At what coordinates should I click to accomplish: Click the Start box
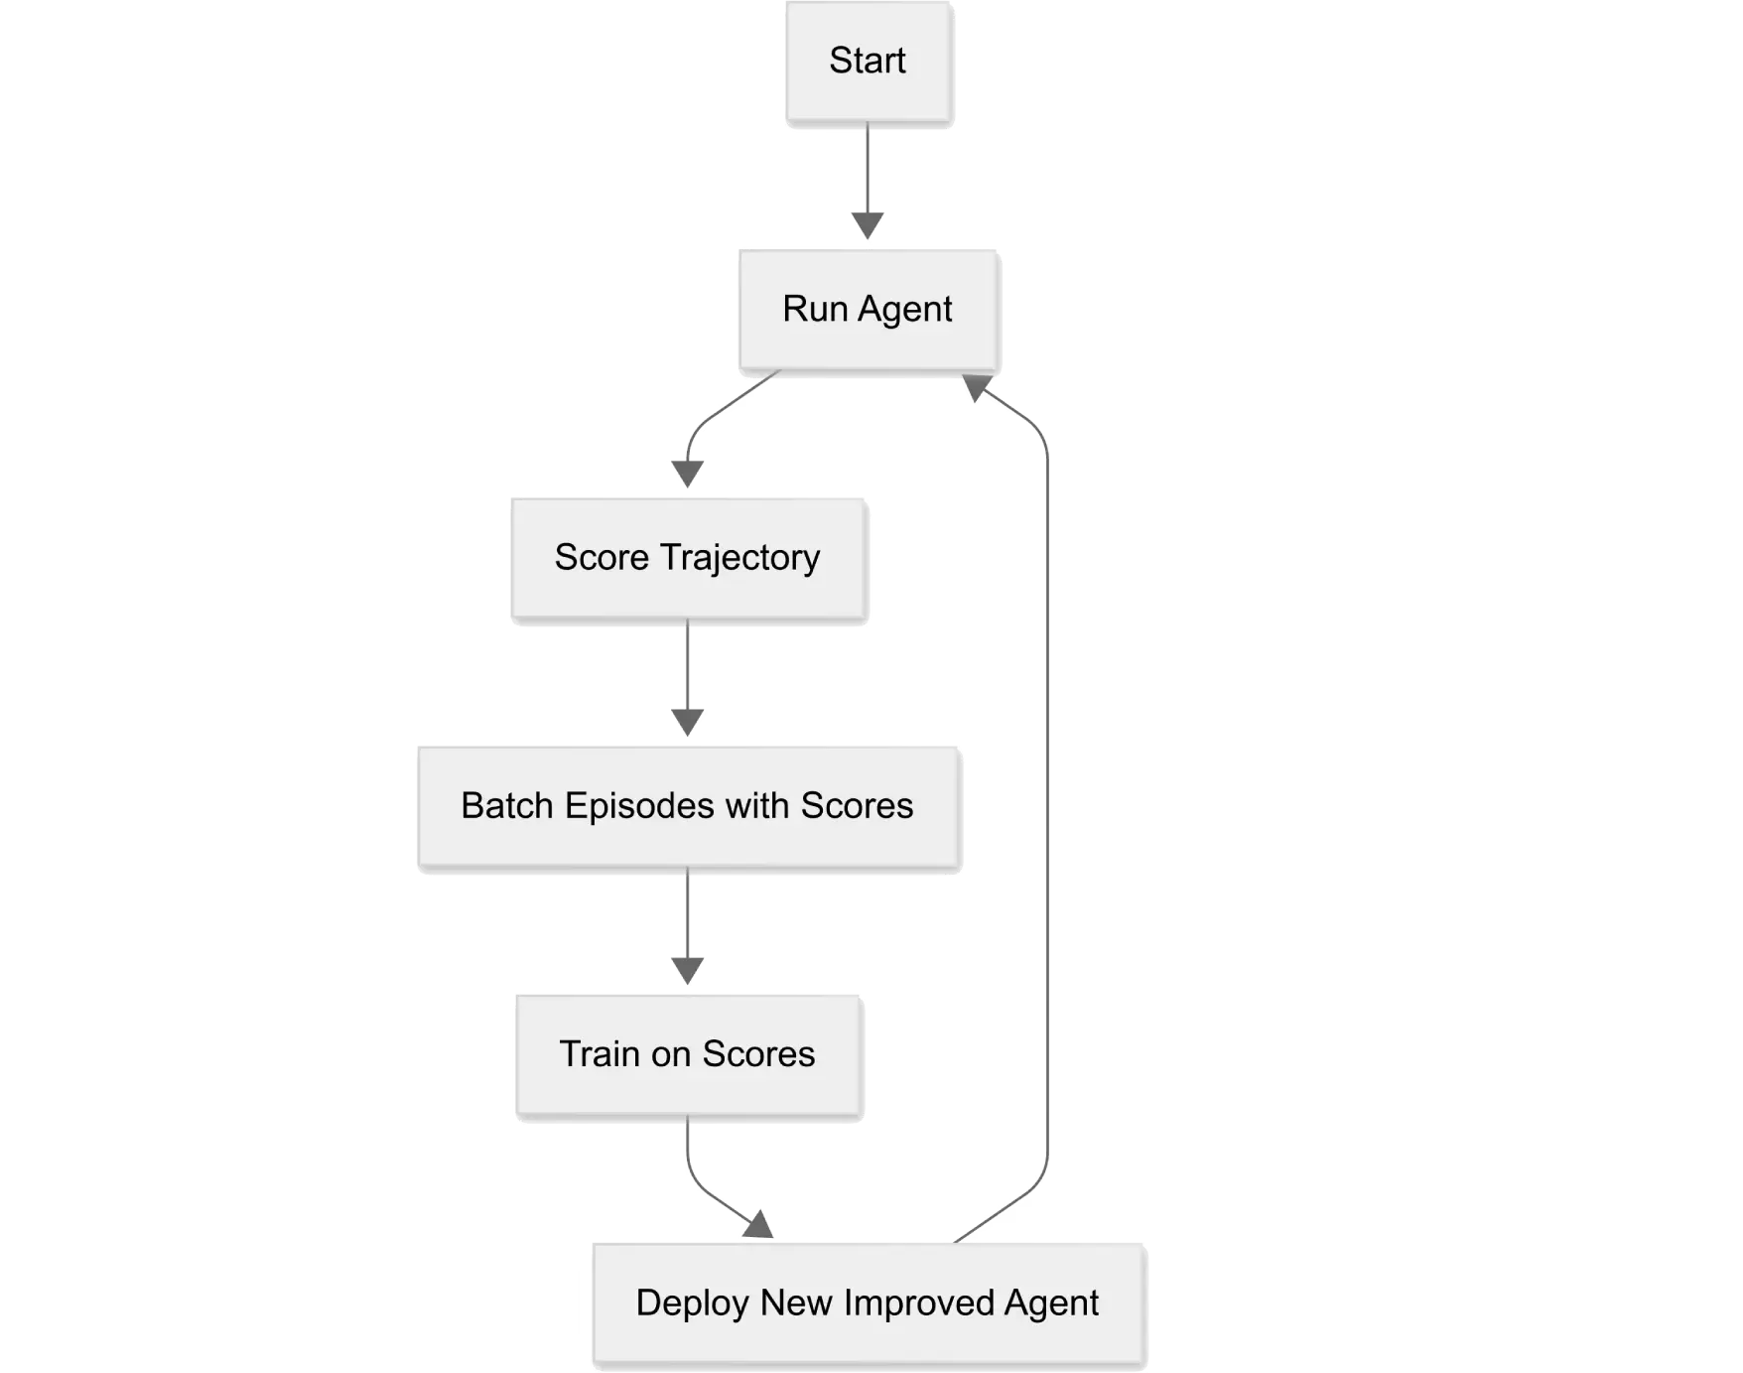[x=869, y=63]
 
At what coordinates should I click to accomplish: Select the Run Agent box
[x=869, y=310]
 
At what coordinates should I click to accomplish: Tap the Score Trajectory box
[x=688, y=558]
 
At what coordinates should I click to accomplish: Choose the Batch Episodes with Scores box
[x=688, y=806]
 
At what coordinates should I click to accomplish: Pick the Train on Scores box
[x=688, y=1054]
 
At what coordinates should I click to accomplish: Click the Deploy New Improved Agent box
[x=869, y=1304]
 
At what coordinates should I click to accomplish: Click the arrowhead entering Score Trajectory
[x=688, y=475]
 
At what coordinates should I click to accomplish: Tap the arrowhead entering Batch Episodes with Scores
[x=687, y=722]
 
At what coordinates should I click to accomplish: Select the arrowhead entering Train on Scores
[x=687, y=970]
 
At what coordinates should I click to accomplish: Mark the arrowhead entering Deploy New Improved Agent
[x=760, y=1225]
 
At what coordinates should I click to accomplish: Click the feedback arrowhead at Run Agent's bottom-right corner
[x=981, y=388]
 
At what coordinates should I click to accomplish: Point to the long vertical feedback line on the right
[x=1046, y=794]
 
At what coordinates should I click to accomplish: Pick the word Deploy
[x=693, y=1304]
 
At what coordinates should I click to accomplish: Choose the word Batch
[x=507, y=806]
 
